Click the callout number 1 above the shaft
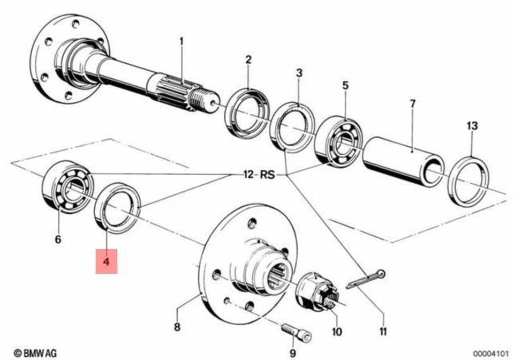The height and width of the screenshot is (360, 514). (181, 41)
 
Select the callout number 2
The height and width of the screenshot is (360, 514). (248, 59)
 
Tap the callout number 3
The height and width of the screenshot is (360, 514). (299, 73)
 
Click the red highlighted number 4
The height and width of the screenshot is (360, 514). (106, 261)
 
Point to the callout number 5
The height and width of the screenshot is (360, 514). (345, 85)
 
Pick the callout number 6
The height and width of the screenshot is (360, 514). (58, 239)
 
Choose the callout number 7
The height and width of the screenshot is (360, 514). (412, 104)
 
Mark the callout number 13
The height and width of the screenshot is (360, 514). (471, 126)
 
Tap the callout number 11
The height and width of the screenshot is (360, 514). (383, 332)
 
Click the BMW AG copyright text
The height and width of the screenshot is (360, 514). (35, 352)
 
